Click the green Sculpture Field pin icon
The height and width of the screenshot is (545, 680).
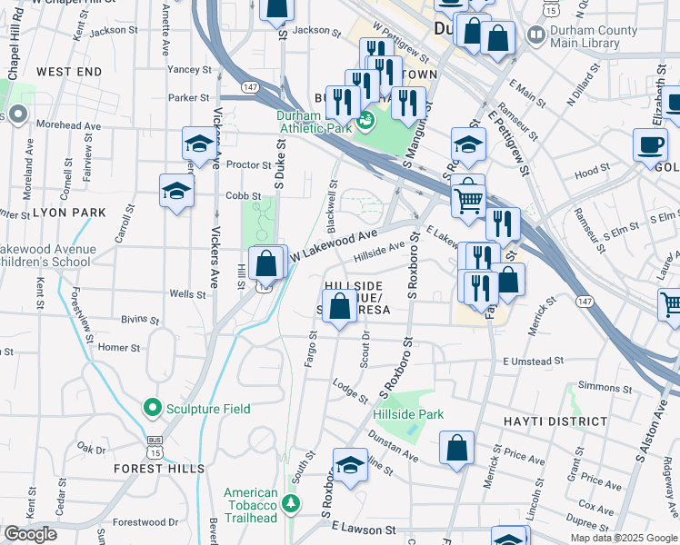coord(151,409)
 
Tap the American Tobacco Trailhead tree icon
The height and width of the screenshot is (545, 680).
coord(290,502)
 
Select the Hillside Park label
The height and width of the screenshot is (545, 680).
coord(408,414)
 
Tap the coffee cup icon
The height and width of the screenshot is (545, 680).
coord(651,144)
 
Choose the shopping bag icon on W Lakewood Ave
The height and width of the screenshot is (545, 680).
coord(265,265)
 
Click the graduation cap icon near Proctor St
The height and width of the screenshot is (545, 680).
coord(199,144)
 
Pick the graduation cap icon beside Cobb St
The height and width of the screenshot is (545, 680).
coord(176,191)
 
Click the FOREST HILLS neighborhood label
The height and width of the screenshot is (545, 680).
coord(153,469)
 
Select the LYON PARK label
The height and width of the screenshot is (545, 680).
coord(70,213)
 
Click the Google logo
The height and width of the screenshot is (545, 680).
coord(30,534)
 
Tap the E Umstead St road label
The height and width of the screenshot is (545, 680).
coord(539,362)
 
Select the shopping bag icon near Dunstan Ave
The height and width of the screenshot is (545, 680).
coord(457,448)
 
